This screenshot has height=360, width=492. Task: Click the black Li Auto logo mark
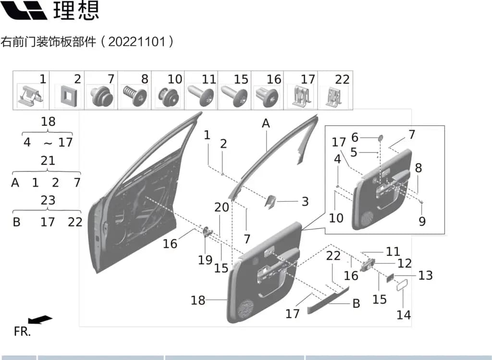pos(23,10)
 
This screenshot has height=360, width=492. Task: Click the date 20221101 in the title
pos(137,42)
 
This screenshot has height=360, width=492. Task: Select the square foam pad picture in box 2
pos(67,96)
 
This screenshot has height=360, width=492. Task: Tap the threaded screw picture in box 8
pos(135,96)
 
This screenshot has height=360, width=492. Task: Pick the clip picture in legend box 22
pos(334,97)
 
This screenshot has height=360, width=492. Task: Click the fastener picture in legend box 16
pos(267,96)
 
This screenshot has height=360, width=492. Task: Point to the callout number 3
pos(305,201)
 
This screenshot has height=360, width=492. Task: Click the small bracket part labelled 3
pos(270,202)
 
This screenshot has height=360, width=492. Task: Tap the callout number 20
pos(222,207)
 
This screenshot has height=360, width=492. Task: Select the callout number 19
pos(205,260)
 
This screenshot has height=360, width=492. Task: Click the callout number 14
pos(404,314)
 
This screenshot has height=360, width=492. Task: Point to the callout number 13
pos(426,275)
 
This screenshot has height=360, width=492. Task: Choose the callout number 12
pos(405,263)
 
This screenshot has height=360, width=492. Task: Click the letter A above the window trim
pos(266,123)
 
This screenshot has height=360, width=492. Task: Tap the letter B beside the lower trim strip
pos(356,303)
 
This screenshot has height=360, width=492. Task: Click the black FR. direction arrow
pos(40,319)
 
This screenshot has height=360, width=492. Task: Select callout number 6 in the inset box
pos(355,137)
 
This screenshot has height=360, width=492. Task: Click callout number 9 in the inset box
pos(422,221)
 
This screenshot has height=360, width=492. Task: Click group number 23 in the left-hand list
pos(48,200)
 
